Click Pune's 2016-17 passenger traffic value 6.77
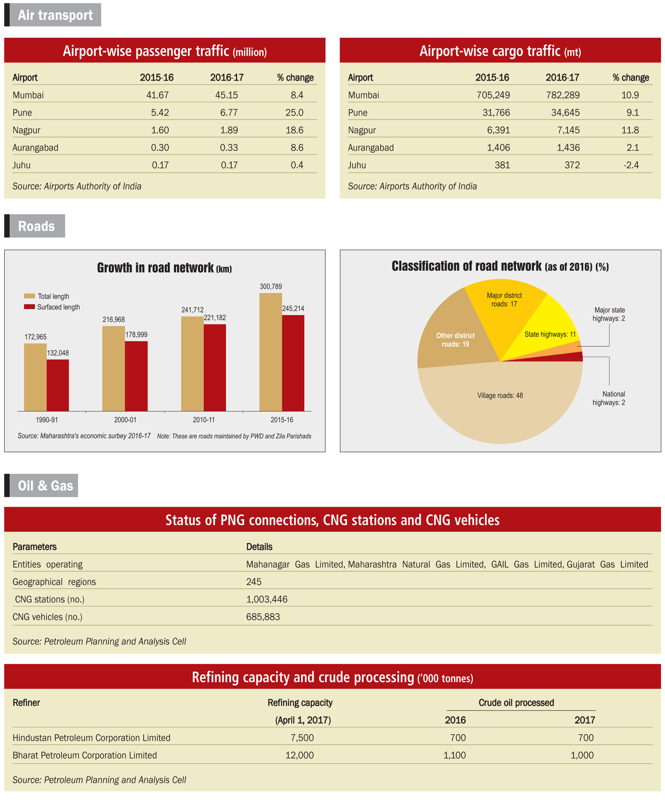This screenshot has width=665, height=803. tap(229, 113)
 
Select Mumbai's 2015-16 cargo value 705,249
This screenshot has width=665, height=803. tap(493, 95)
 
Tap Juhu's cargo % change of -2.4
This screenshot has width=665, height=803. tap(631, 165)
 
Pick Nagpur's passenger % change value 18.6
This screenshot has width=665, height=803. tap(294, 130)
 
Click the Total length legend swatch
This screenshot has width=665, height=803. tap(29, 296)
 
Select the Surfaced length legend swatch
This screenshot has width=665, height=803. tap(29, 307)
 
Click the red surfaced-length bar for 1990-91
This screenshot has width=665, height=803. tap(58, 385)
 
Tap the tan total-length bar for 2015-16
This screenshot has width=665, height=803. tap(271, 352)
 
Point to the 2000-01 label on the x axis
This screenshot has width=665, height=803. tap(125, 420)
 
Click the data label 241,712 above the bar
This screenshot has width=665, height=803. tap(192, 310)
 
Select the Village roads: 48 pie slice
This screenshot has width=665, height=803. tap(500, 401)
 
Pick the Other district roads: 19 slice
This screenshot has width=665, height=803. tap(456, 336)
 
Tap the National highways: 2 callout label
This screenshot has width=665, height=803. tap(609, 398)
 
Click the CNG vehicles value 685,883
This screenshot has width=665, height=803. tap(263, 617)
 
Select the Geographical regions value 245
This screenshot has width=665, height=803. tap(254, 582)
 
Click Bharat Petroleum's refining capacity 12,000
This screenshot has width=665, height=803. tap(299, 755)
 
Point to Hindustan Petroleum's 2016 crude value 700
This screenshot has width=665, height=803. tap(458, 738)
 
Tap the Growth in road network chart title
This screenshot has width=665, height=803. tap(164, 268)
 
